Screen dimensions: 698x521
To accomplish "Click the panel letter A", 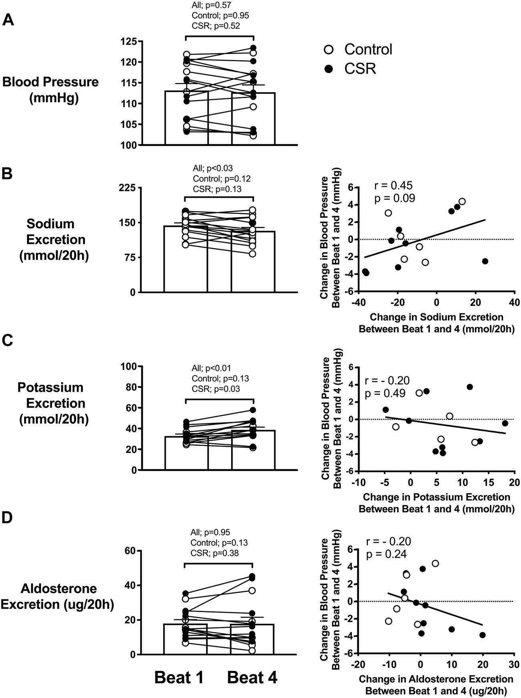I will click(8, 19).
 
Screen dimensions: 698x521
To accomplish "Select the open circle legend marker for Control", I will click(329, 49).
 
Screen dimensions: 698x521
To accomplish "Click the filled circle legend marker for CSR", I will click(329, 69).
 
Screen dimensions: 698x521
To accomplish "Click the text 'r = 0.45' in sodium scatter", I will click(393, 186).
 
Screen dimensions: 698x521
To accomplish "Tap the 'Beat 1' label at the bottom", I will click(179, 678).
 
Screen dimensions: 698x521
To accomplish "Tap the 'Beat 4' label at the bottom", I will click(252, 678).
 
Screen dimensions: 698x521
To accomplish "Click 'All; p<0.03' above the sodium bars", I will click(212, 168).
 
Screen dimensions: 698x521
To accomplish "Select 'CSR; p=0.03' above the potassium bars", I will click(215, 389).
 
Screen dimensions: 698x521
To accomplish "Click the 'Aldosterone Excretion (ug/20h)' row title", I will click(57, 596).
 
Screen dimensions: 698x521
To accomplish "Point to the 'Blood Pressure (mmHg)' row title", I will click(50, 90).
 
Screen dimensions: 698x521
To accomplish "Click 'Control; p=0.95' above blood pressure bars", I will click(220, 16).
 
